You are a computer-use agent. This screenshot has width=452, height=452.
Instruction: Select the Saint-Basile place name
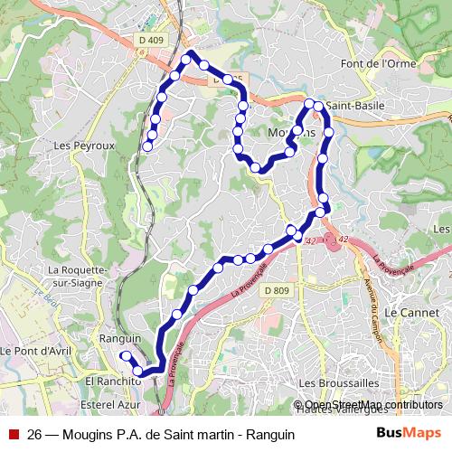(355, 106)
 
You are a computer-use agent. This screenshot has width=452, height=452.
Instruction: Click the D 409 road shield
(152, 40)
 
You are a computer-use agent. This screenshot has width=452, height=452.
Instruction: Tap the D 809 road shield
(277, 290)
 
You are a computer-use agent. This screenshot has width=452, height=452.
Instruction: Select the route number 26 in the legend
(35, 434)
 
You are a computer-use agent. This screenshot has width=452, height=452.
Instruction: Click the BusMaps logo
(409, 433)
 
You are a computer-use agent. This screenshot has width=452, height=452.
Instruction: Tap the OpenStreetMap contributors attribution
(372, 405)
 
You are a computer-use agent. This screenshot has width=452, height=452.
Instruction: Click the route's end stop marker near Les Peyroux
(147, 146)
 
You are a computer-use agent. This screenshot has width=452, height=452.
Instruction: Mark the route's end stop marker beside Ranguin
(125, 356)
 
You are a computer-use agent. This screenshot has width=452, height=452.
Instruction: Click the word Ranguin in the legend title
(268, 434)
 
